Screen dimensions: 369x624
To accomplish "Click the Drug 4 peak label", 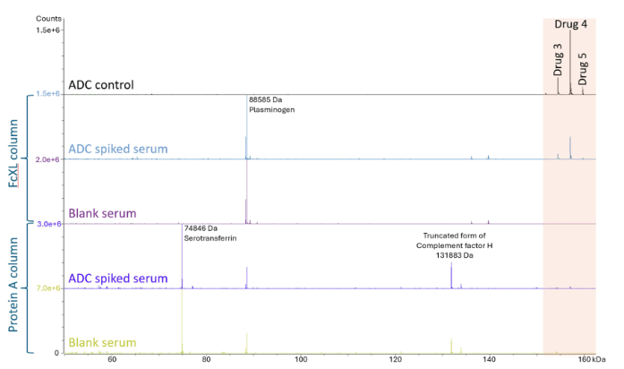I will [x=570, y=24].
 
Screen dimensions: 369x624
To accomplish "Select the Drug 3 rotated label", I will [x=558, y=61].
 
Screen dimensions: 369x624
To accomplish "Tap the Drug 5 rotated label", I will [x=583, y=67].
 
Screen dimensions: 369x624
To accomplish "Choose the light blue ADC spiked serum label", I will [x=117, y=148].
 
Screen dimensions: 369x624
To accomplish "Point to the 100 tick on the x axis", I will [x=301, y=359].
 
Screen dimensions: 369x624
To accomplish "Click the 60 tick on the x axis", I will [x=112, y=359].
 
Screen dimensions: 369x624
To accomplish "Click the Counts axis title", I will [x=48, y=17].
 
